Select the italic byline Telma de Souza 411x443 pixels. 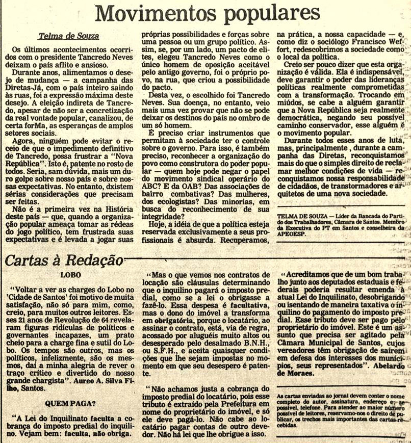[x=68, y=36]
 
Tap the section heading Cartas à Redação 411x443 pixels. [x=64, y=260]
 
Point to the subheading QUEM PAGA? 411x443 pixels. [x=66, y=403]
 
